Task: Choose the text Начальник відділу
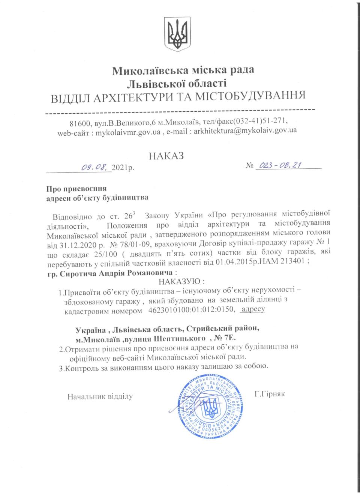click(x=100, y=396)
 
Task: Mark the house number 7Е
click(x=259, y=339)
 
